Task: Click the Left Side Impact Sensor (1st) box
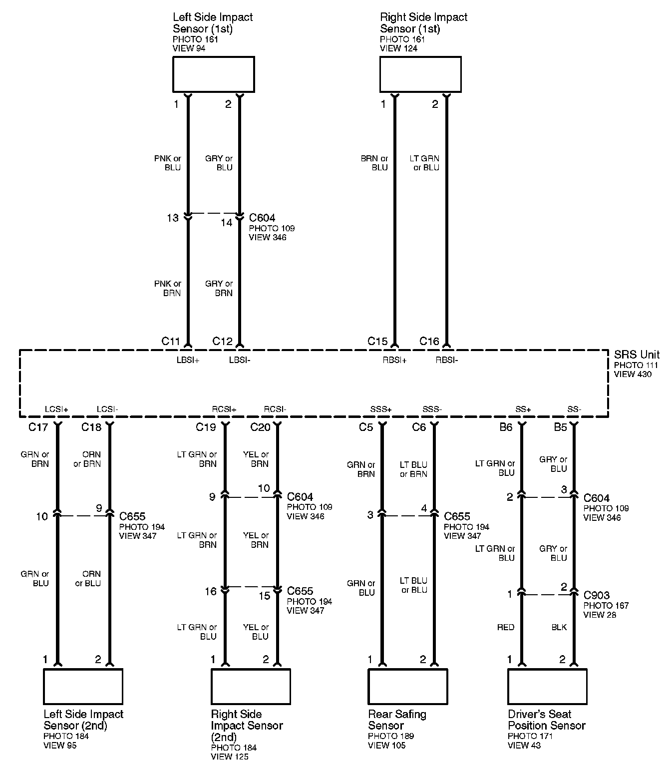tap(213, 74)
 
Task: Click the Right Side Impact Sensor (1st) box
tap(420, 74)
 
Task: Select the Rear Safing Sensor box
tap(407, 686)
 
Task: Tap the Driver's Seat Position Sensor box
tap(547, 686)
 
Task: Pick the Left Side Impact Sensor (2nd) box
tap(83, 686)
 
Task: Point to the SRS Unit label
tap(637, 355)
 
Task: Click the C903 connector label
tap(597, 595)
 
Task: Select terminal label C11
tap(171, 342)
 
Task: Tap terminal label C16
tap(429, 342)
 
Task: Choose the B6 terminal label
tap(506, 427)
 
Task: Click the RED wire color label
tap(506, 627)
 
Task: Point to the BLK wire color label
tap(559, 627)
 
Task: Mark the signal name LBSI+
tap(188, 360)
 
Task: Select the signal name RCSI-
tap(275, 409)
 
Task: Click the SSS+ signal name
tap(381, 409)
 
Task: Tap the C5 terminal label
tap(366, 427)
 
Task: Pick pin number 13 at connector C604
tap(173, 218)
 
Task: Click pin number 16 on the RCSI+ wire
tap(211, 592)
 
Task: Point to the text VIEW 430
tap(633, 374)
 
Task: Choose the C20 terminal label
tap(260, 427)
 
